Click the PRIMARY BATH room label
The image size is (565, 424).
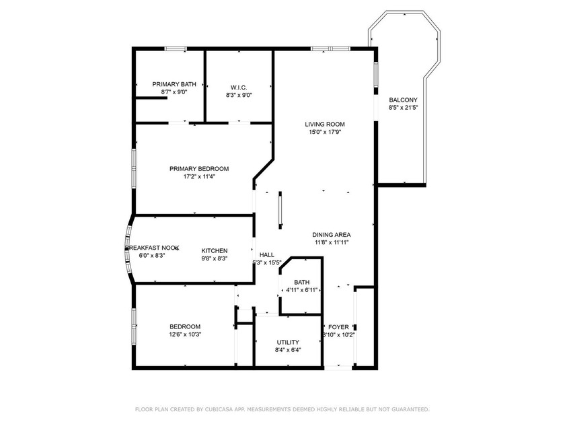pyautogui.click(x=174, y=84)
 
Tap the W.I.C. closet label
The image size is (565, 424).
pyautogui.click(x=239, y=87)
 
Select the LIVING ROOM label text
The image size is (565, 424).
pyautogui.click(x=324, y=124)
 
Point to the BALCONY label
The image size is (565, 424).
pyautogui.click(x=403, y=100)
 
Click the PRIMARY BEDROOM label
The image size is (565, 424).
pyautogui.click(x=199, y=169)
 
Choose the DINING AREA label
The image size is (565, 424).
pyautogui.click(x=331, y=234)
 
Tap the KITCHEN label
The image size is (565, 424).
pyautogui.click(x=215, y=250)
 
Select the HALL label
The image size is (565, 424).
pyautogui.click(x=267, y=254)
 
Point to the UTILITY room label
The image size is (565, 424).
pyautogui.click(x=288, y=342)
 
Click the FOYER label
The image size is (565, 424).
pyautogui.click(x=338, y=326)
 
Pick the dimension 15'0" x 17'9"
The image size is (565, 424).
pyautogui.click(x=324, y=132)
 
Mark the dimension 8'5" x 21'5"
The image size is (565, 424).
pyautogui.click(x=403, y=108)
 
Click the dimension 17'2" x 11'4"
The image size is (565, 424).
pyautogui.click(x=199, y=177)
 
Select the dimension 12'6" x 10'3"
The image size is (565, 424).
pyautogui.click(x=185, y=334)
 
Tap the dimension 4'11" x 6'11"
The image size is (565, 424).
pyautogui.click(x=301, y=290)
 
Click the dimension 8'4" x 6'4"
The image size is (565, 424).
pyautogui.click(x=288, y=350)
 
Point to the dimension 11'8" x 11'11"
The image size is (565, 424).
pyautogui.click(x=331, y=242)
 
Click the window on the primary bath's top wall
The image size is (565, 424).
pyautogui.click(x=176, y=48)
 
